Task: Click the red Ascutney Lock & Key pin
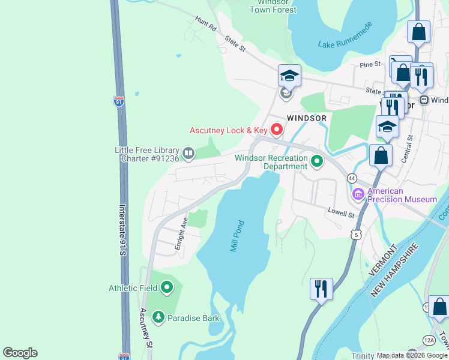pyautogui.click(x=277, y=129)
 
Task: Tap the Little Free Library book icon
pyautogui.click(x=188, y=154)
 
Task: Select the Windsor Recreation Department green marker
pyautogui.click(x=316, y=161)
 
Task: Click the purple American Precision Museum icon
pyautogui.click(x=358, y=194)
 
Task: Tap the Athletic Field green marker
pyautogui.click(x=167, y=288)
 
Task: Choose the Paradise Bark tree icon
pyautogui.click(x=158, y=316)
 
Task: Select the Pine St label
pyautogui.click(x=370, y=64)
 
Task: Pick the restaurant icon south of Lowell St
pyautogui.click(x=321, y=289)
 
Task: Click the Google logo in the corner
pyautogui.click(x=20, y=353)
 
